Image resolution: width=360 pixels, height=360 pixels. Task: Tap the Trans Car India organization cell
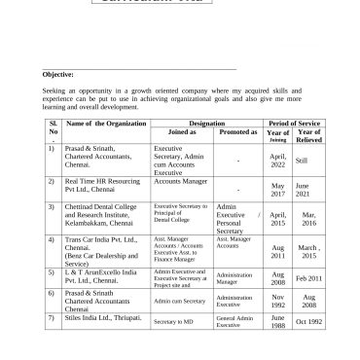[x=101, y=252]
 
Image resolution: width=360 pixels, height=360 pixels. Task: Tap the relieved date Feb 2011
[x=309, y=278]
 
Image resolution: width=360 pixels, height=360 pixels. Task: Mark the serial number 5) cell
[x=52, y=273]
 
